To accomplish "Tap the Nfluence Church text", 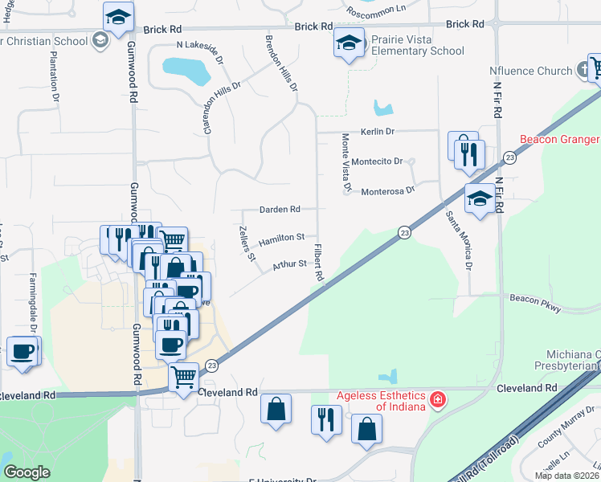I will coord(530,71).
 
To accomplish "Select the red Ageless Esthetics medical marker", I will coord(438,399).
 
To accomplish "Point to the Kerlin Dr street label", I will coord(378,131).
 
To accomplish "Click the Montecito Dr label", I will coord(377,161).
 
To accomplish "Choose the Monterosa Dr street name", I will coord(387,190).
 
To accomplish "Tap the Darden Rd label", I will coord(280,210).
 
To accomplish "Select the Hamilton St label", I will coord(281,237).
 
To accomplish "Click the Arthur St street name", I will coord(289,263).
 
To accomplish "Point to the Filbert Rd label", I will coord(318,262).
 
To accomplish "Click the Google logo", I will coord(27,472).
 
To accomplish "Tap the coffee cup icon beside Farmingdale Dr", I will coord(22,352).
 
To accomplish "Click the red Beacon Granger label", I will coord(559,139).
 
